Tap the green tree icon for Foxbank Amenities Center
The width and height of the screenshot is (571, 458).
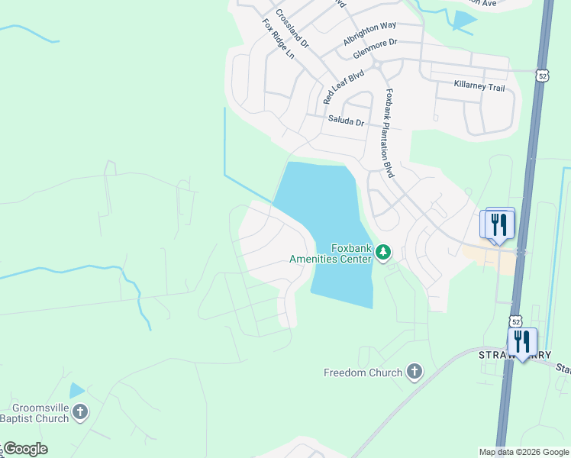pos(383,252)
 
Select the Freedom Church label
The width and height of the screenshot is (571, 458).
pos(363,373)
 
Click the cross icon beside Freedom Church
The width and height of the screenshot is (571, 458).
pos(414,373)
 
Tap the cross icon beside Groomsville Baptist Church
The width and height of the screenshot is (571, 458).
pos(80,412)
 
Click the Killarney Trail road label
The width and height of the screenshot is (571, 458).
pos(479,87)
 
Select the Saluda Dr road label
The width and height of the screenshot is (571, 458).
pos(347,121)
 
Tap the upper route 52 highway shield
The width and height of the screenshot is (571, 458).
pos(541,76)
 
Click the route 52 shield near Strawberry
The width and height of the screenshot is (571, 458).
pos(516,322)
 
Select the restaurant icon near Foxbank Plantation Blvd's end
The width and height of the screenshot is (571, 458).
pos(498,224)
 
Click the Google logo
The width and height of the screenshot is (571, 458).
pos(24,449)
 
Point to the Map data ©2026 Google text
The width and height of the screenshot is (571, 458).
pos(523,452)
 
